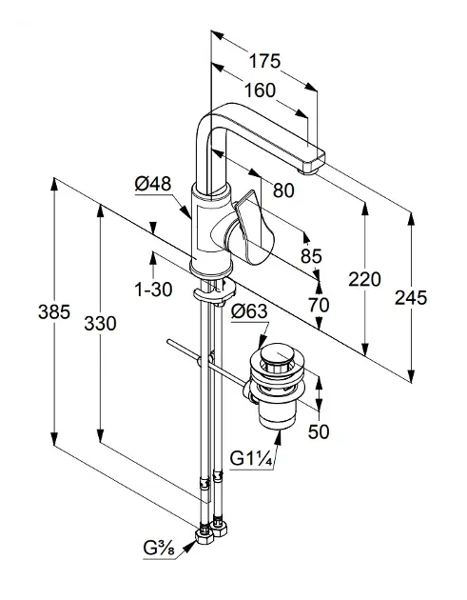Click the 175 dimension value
pyautogui.click(x=264, y=61)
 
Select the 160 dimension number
pyautogui.click(x=260, y=90)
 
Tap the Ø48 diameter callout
pyautogui.click(x=153, y=184)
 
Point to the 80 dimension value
pyautogui.click(x=283, y=190)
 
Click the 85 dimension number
pyautogui.click(x=311, y=255)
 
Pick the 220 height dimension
pyautogui.click(x=364, y=279)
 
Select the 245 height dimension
pyautogui.click(x=411, y=298)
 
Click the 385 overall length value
pyautogui.click(x=54, y=311)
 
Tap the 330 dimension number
pyautogui.click(x=100, y=324)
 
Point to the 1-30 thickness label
pyautogui.click(x=153, y=290)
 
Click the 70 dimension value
pyautogui.click(x=319, y=305)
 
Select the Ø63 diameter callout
pyautogui.click(x=249, y=311)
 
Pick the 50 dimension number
pyautogui.click(x=319, y=432)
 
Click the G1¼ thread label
pyautogui.click(x=251, y=458)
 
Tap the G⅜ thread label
pyautogui.click(x=160, y=549)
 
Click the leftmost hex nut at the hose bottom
pyautogui.click(x=204, y=536)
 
